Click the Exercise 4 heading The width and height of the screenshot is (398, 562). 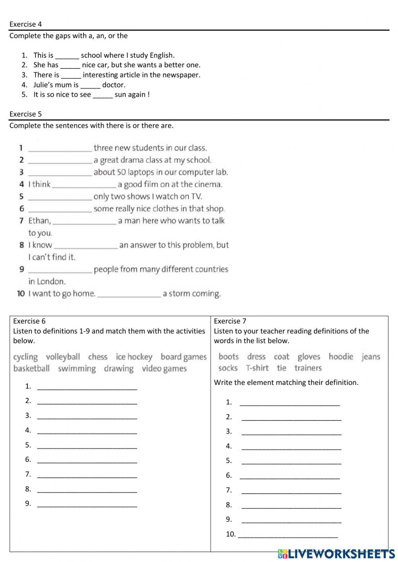(25, 24)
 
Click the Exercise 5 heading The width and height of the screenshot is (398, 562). (25, 114)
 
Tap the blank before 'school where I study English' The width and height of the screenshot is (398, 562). (67, 56)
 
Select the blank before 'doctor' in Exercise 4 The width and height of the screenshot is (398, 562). (90, 86)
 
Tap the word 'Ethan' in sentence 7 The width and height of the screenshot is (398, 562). (39, 221)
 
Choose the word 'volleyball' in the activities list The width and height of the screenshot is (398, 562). (63, 357)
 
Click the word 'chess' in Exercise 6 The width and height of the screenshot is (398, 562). (98, 357)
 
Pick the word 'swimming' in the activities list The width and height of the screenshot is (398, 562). (77, 369)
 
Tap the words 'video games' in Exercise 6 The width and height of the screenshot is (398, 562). (164, 369)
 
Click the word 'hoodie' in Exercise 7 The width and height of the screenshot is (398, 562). (341, 356)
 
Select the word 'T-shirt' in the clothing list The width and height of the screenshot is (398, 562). (257, 368)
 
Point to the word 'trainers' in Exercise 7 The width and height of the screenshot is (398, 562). (308, 368)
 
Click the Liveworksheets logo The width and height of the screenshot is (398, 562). (336, 554)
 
